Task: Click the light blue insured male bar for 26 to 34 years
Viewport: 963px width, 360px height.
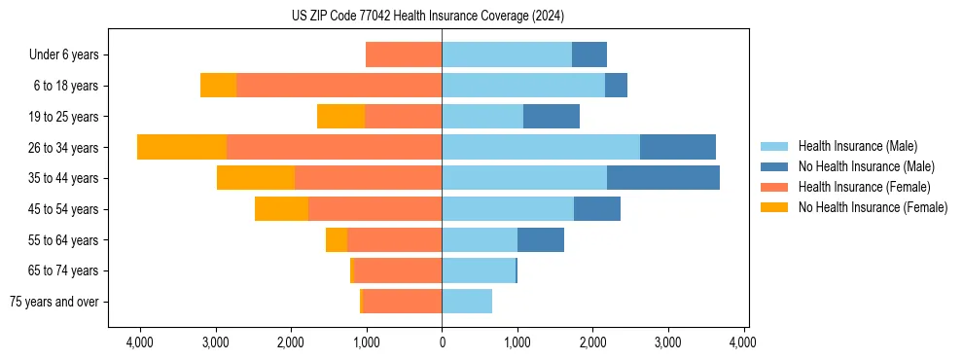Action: coord(541,147)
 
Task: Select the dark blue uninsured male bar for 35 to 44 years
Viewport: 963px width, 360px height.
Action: coord(663,178)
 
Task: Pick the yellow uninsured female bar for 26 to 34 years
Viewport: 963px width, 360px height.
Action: coord(182,147)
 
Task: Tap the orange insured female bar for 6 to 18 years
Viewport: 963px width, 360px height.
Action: coord(339,86)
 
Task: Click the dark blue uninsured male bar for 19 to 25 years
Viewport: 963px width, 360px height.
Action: coord(552,117)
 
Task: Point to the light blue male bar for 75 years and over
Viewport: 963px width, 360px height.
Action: coord(467,302)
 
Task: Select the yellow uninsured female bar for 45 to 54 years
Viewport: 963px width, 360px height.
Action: coord(281,209)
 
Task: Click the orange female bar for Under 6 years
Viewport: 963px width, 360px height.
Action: coord(404,54)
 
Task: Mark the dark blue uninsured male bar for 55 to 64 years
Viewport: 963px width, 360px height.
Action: coord(541,240)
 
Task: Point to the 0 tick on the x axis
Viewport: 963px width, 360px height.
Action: coord(442,342)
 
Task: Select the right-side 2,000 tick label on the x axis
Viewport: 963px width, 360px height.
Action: coord(593,342)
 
